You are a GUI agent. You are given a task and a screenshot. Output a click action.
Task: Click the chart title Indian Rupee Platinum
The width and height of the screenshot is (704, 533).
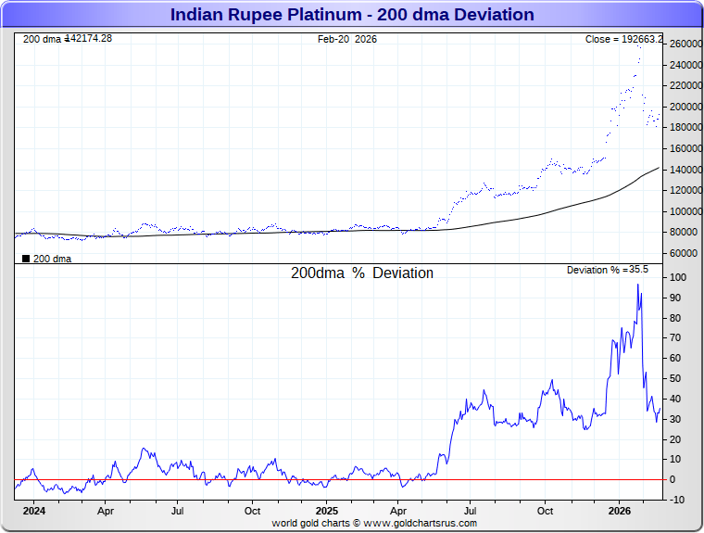click(352, 15)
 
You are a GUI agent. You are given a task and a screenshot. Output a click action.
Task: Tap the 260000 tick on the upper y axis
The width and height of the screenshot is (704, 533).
click(684, 44)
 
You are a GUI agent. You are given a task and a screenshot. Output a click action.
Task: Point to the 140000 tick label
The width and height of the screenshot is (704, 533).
click(684, 170)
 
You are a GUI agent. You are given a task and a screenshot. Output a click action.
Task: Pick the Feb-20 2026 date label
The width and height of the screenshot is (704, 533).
click(347, 39)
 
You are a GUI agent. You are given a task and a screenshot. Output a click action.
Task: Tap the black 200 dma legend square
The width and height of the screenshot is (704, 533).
click(26, 259)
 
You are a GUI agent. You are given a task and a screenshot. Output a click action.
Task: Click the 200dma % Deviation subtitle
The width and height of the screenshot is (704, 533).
click(362, 273)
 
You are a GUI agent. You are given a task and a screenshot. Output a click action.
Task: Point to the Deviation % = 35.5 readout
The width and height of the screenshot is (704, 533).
click(608, 270)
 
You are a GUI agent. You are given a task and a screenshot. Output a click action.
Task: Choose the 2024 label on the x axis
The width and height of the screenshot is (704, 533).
click(33, 510)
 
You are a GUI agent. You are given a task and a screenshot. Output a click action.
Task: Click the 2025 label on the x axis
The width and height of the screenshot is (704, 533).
click(327, 510)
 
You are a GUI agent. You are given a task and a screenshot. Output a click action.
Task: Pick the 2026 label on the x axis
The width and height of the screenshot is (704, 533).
click(619, 510)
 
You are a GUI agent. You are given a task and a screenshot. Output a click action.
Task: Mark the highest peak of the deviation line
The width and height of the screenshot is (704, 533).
click(638, 285)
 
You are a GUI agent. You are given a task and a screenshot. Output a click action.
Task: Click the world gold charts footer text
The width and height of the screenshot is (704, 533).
click(374, 523)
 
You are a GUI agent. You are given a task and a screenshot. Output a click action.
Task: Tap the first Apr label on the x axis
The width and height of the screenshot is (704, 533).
click(106, 510)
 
